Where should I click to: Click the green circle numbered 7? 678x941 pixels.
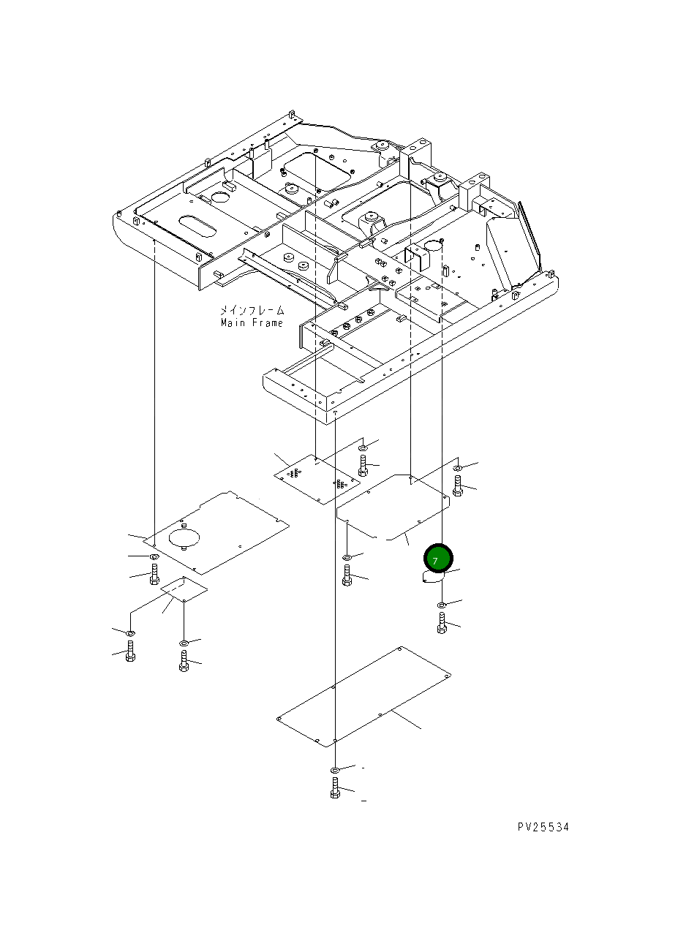438,559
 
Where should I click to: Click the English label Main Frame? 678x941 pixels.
252,323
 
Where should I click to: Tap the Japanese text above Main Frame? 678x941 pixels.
252,311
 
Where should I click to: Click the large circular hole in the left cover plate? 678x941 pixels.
184,537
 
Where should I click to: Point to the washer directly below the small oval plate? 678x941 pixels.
441,605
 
